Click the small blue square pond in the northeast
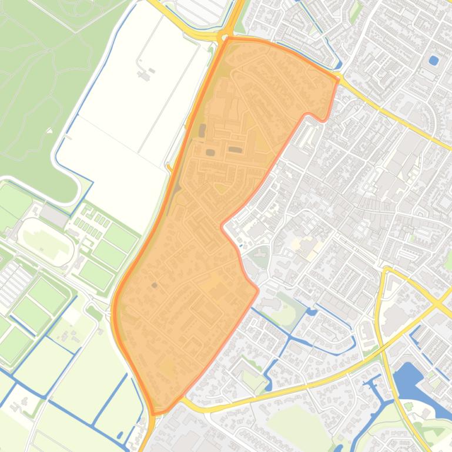(434, 60)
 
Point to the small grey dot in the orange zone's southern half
(155, 285)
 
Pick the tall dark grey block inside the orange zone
(202, 130)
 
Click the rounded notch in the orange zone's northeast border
(322, 117)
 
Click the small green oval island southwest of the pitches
(93, 309)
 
